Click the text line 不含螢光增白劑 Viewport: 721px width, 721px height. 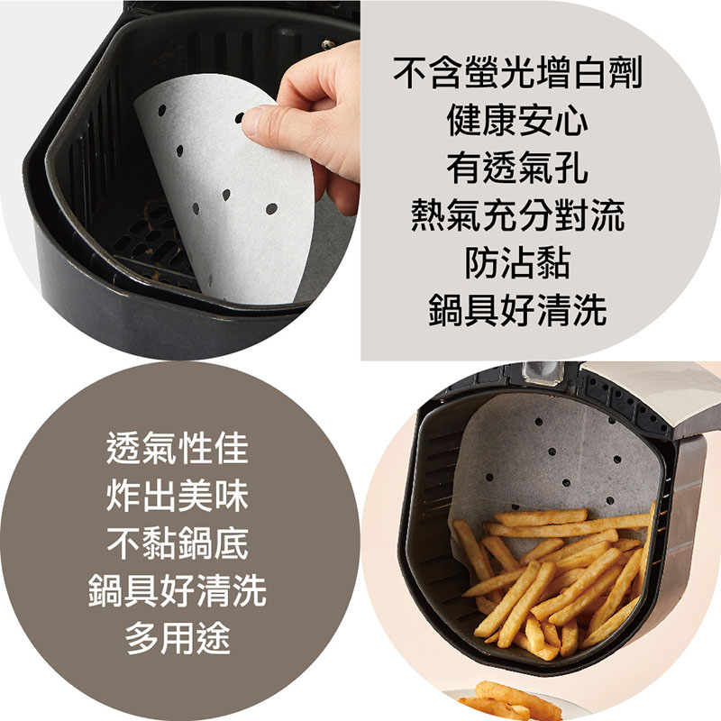point(517,73)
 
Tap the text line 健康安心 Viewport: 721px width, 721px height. point(517,121)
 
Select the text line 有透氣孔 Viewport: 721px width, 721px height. point(517,168)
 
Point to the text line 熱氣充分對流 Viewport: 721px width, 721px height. point(517,215)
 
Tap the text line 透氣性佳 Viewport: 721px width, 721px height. point(178,448)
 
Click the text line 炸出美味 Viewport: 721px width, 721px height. point(178,496)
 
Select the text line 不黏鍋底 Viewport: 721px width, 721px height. point(178,543)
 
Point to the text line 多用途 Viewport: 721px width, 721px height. point(178,638)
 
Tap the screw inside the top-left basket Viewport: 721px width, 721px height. point(328,44)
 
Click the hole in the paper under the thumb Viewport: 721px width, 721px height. point(239,118)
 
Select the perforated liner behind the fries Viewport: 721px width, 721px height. point(552,464)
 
